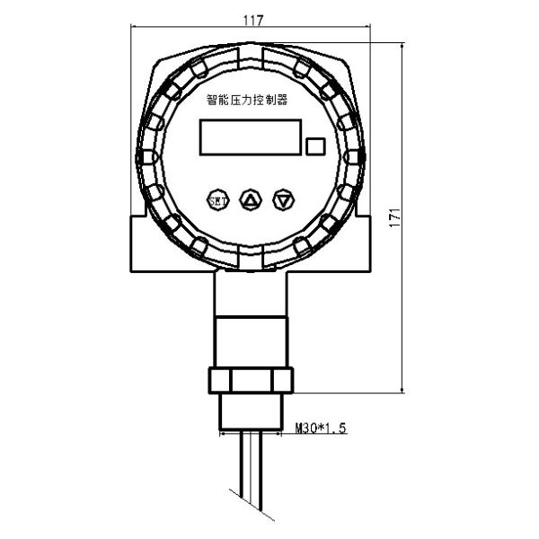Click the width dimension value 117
click(x=252, y=17)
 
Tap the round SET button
click(x=216, y=199)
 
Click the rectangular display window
click(x=251, y=138)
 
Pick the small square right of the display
click(x=315, y=146)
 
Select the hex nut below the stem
click(x=252, y=379)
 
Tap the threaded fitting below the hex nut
click(x=252, y=411)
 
